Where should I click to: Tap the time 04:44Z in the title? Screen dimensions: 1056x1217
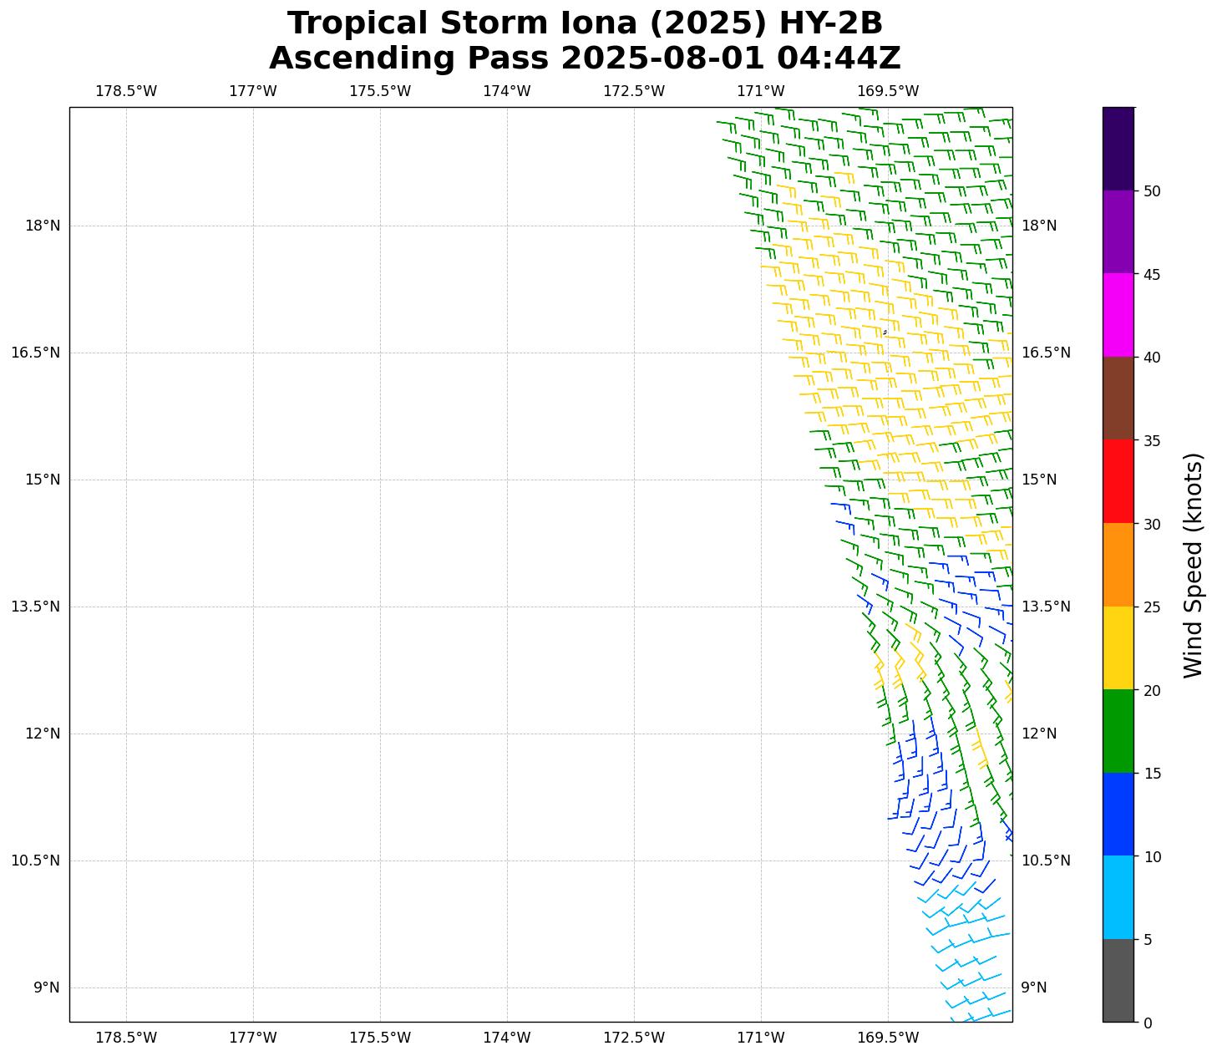click(x=838, y=58)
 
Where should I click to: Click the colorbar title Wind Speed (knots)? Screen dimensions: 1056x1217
click(x=1194, y=565)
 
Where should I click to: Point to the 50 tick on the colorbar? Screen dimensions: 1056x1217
click(x=1152, y=191)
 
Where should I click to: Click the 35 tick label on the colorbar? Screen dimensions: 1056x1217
click(x=1152, y=440)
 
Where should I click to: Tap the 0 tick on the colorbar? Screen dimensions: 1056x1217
click(x=1148, y=1023)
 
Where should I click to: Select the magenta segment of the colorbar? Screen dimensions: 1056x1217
click(x=1118, y=315)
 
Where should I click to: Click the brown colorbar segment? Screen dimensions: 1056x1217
click(x=1118, y=399)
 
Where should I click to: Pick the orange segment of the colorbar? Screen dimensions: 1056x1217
click(x=1118, y=565)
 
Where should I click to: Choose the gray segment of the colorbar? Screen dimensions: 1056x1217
click(x=1118, y=980)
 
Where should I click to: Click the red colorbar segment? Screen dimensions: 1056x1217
click(x=1118, y=481)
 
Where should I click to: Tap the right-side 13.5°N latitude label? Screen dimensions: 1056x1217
click(x=1045, y=607)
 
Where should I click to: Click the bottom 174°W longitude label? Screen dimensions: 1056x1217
click(x=506, y=1038)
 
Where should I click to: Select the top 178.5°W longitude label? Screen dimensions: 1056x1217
click(x=126, y=91)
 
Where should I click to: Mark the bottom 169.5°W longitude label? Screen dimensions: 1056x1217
click(x=887, y=1038)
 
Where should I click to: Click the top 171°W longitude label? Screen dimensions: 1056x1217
click(x=760, y=91)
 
